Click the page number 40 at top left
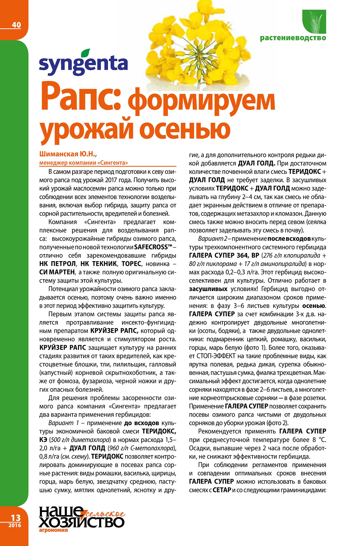click(x=16, y=25)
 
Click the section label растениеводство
click(x=293, y=38)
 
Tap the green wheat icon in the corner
click(x=314, y=21)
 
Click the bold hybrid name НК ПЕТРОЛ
click(x=58, y=264)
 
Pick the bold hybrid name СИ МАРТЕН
click(x=57, y=272)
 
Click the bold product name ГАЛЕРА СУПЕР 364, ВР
click(x=224, y=256)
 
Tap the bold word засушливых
click(x=208, y=289)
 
